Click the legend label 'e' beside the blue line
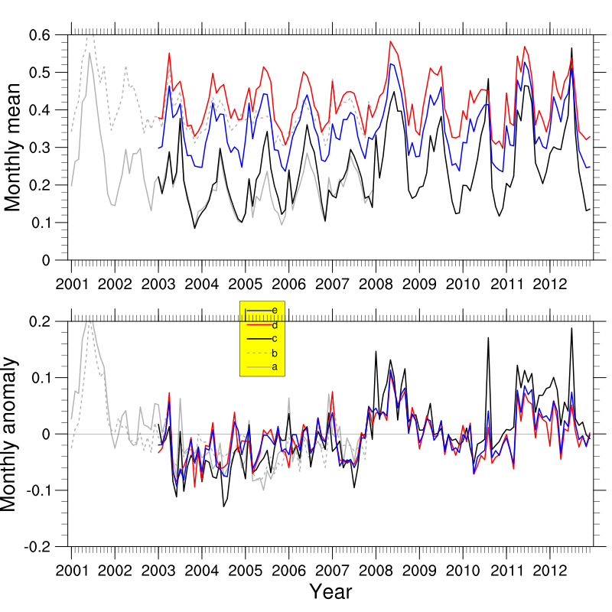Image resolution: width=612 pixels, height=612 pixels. click(x=274, y=311)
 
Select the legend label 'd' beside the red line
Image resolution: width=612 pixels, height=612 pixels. click(x=274, y=325)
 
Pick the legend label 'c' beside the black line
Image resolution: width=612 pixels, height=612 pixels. click(x=274, y=339)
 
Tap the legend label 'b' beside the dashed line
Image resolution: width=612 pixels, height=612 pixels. click(x=274, y=353)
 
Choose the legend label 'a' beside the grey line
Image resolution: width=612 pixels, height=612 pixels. click(x=274, y=368)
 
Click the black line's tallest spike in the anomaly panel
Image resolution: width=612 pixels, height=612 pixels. click(x=571, y=329)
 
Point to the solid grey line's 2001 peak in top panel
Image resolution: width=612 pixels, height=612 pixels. click(x=90, y=53)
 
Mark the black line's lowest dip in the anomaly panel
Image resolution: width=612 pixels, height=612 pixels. click(x=223, y=506)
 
